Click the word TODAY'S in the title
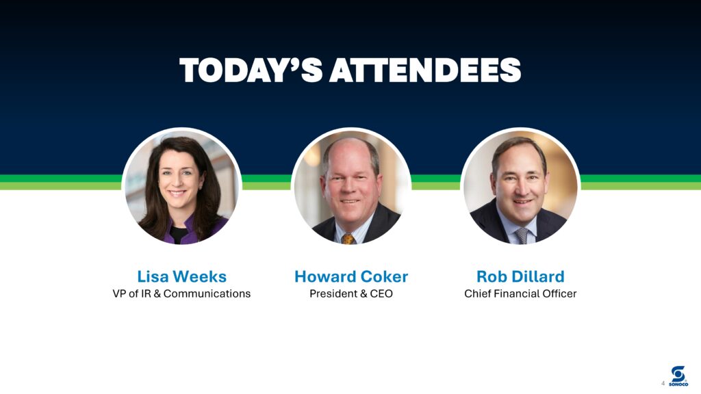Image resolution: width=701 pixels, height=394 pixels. [251, 70]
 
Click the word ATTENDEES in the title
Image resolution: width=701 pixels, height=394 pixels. [425, 70]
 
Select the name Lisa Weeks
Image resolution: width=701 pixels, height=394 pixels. [181, 276]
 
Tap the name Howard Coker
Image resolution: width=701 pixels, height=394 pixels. [351, 276]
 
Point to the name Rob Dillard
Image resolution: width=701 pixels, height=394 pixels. [520, 276]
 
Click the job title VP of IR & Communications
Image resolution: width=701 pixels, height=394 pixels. [181, 293]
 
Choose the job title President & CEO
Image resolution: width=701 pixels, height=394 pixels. [351, 293]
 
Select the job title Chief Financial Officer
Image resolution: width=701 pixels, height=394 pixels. [520, 293]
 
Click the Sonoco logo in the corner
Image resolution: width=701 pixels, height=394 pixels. [678, 376]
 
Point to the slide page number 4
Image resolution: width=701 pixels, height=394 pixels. [663, 383]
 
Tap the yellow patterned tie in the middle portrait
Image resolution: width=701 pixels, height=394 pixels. [348, 239]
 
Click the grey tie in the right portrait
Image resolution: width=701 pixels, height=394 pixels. [521, 235]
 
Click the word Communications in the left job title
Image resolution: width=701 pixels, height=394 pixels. [207, 293]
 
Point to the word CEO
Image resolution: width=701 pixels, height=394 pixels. [381, 293]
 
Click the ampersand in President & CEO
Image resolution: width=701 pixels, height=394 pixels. [363, 293]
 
